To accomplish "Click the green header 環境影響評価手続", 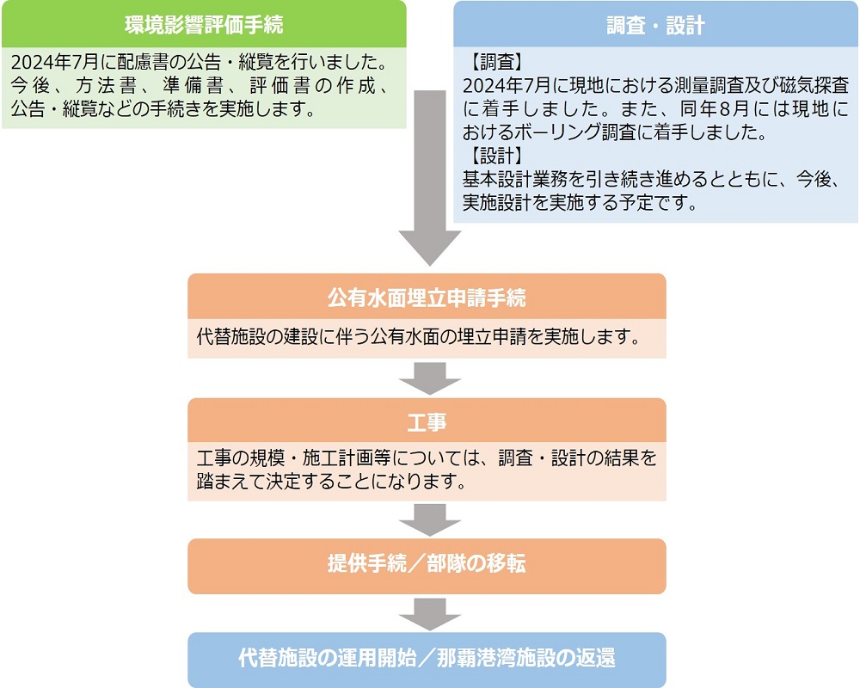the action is pos(204,25).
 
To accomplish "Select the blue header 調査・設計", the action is pos(655,25).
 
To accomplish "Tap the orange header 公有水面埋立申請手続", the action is pos(427,297).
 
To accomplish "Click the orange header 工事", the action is pos(427,421).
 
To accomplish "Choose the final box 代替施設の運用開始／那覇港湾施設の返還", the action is pos(427,659).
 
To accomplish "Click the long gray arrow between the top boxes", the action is pos(430,178).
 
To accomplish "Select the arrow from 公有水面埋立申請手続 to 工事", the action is pos(430,378).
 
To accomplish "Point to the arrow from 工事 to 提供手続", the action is pos(430,519).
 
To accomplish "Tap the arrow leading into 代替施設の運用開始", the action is pos(430,615).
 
